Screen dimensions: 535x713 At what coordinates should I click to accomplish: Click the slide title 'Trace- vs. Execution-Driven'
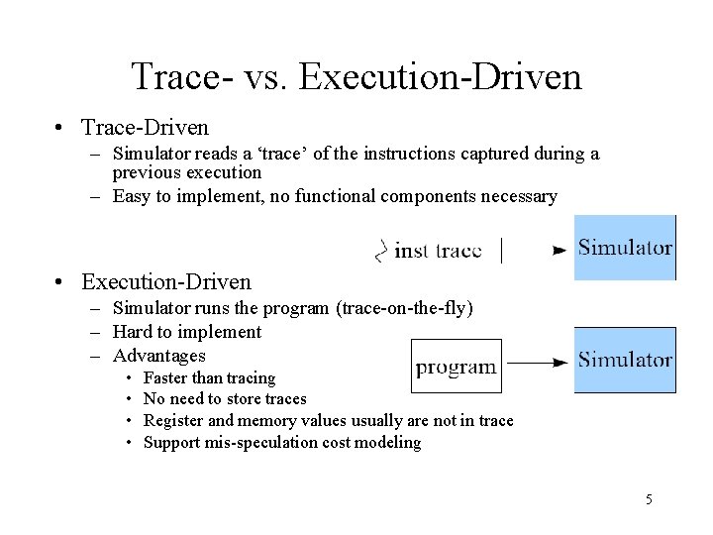356,76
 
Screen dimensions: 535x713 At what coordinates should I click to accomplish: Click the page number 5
649,499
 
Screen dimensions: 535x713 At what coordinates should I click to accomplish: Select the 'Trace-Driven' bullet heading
145,128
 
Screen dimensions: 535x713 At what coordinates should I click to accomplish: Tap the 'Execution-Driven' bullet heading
166,282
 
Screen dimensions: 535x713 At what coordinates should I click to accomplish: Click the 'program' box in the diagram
457,367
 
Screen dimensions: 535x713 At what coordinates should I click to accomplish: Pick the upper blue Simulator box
625,248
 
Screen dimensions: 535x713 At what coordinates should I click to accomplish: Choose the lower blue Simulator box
625,360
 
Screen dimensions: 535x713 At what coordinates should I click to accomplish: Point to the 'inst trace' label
437,251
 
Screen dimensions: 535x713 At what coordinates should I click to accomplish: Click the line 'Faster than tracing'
209,377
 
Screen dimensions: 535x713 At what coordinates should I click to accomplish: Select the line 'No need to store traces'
225,399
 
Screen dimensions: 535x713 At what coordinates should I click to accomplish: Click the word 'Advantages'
159,356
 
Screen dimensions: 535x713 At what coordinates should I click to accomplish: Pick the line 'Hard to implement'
187,332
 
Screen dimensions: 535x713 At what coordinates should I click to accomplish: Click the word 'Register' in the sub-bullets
174,421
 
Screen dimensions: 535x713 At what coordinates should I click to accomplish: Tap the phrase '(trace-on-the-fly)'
405,308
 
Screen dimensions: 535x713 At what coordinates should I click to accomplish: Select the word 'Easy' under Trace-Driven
132,196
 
